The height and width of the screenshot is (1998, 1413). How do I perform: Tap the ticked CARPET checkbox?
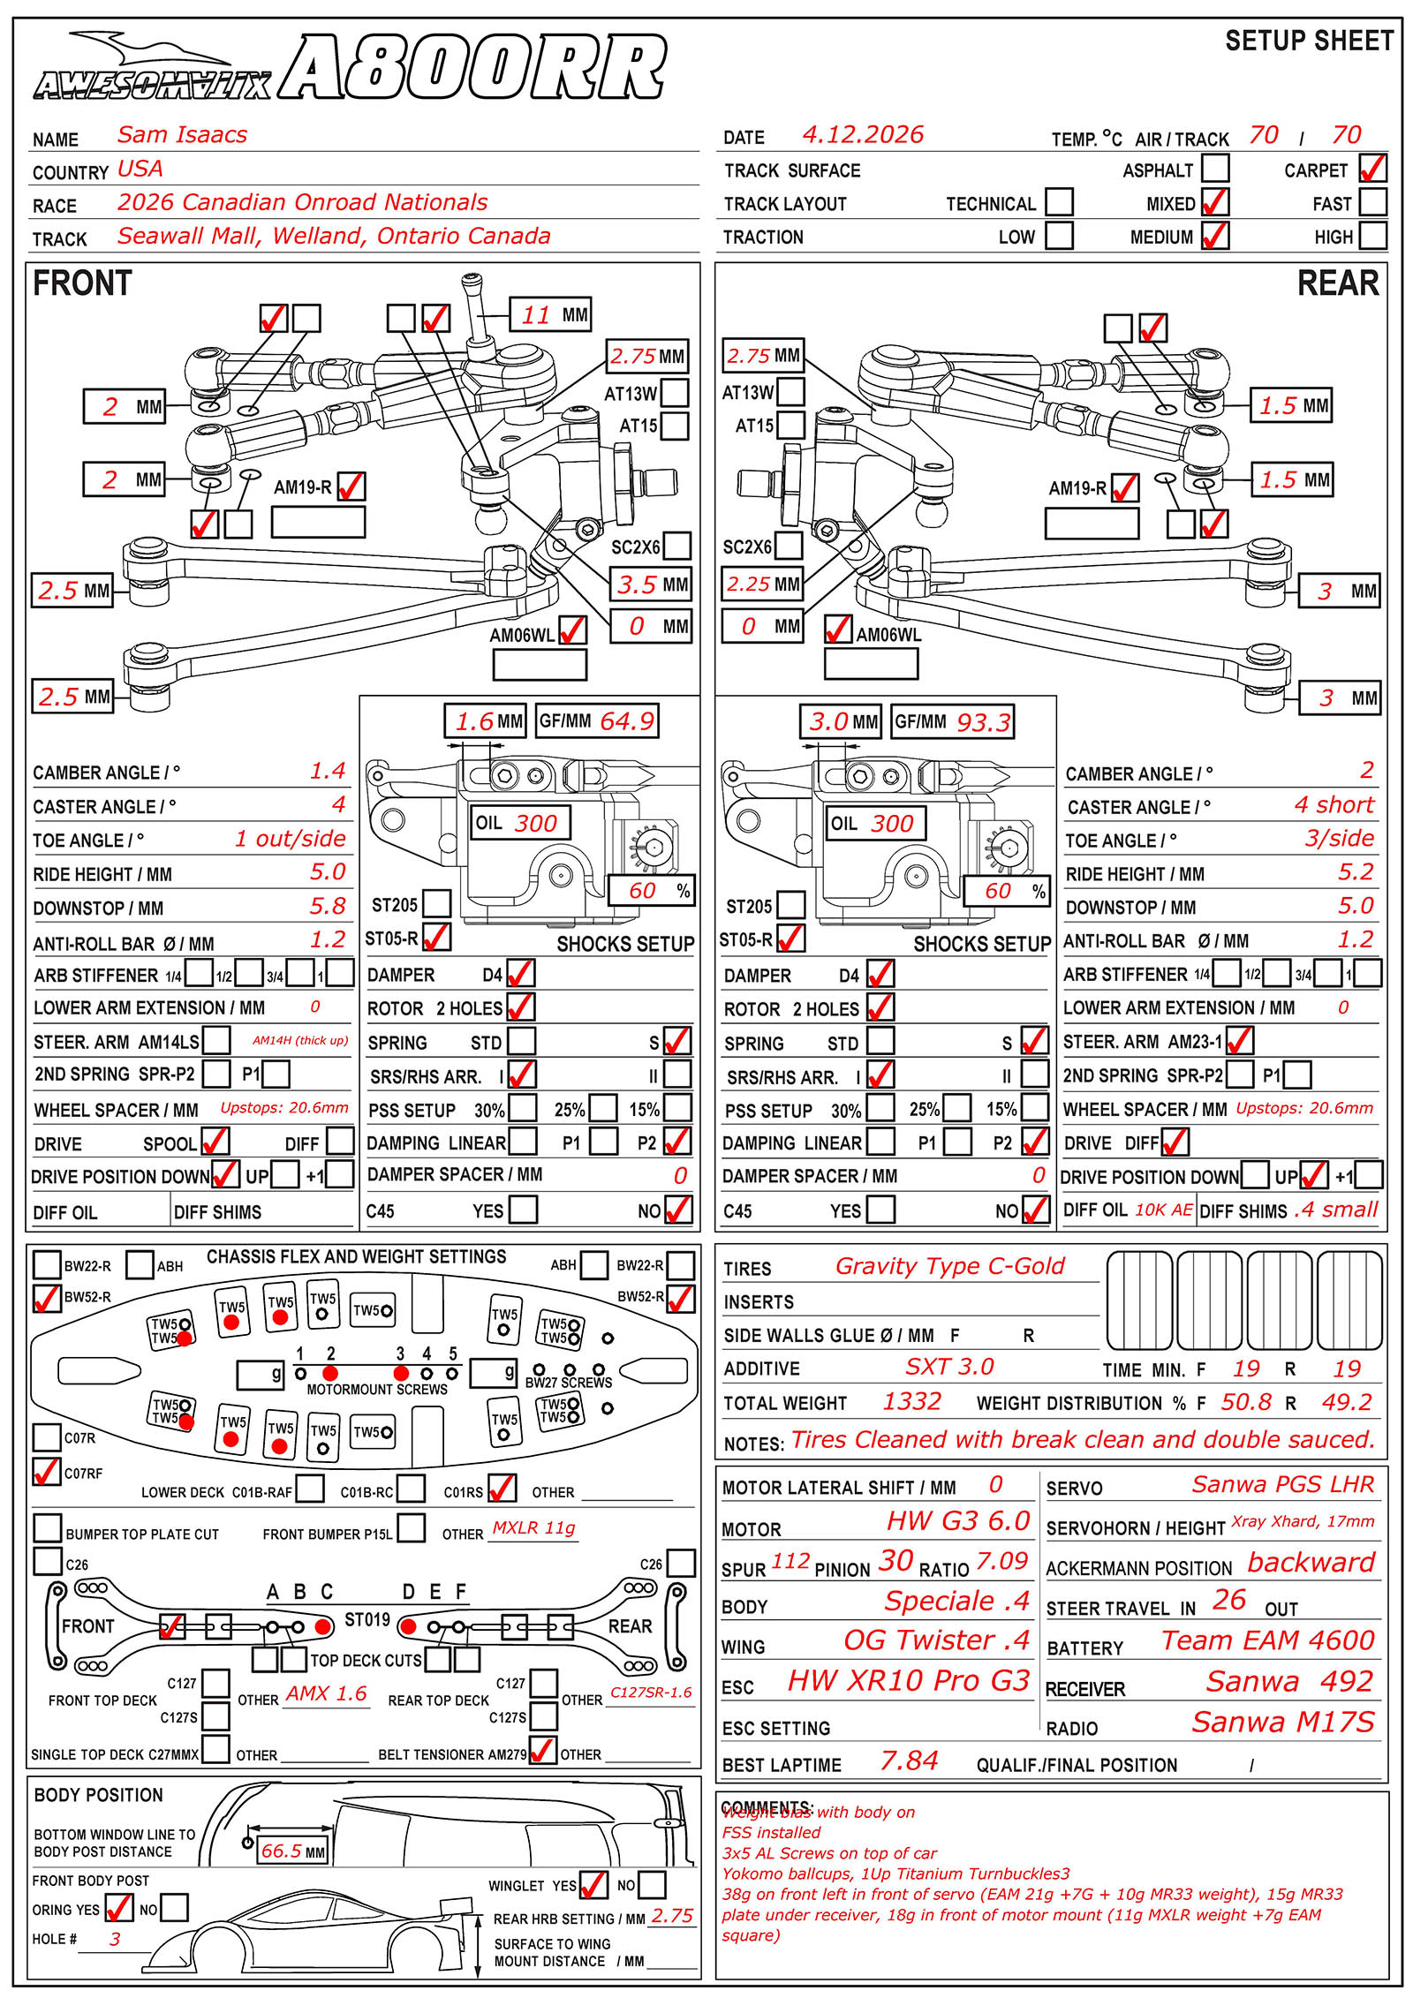(x=1372, y=169)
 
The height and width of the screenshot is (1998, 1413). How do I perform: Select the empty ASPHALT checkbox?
(x=1215, y=169)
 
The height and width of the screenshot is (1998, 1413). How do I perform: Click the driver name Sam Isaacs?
(x=182, y=135)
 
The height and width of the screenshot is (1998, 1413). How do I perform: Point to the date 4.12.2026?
(x=862, y=135)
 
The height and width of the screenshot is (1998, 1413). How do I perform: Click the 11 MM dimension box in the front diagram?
(x=550, y=314)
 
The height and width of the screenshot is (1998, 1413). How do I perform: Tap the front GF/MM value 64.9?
(x=626, y=721)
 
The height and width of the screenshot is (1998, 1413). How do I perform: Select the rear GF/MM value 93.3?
(x=983, y=722)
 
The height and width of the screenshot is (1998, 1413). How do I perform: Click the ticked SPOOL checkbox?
(x=215, y=1142)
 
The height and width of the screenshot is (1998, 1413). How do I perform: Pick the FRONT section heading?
(x=82, y=283)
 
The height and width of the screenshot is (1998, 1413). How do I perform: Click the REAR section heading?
(x=1337, y=283)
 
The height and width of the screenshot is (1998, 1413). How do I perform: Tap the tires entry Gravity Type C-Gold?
(x=949, y=1266)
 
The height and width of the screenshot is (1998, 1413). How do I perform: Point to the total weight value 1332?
(x=911, y=1401)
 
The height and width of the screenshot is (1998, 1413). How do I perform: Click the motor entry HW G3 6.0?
(x=957, y=1520)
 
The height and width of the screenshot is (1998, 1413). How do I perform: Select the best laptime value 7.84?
(x=909, y=1761)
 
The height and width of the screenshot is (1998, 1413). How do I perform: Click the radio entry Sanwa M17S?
(x=1282, y=1722)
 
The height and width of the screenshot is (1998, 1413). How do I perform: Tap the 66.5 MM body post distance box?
(x=292, y=1851)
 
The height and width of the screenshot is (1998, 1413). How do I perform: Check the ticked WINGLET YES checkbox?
(x=593, y=1885)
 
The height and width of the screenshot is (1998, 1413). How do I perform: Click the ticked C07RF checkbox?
(x=46, y=1472)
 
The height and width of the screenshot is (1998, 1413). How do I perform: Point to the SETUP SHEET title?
(x=1309, y=41)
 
